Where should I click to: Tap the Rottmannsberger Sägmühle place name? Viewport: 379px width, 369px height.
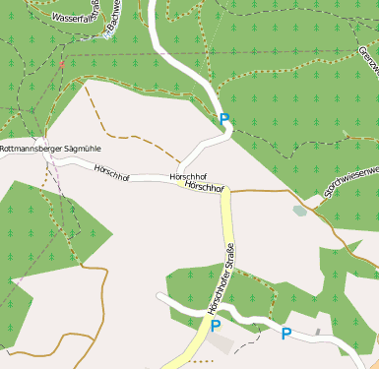(x=50, y=149)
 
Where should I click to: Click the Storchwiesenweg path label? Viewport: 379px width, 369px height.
(x=347, y=183)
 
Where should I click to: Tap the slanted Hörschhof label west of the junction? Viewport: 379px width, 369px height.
(x=112, y=170)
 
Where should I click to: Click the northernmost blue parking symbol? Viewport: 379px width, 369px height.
(x=224, y=120)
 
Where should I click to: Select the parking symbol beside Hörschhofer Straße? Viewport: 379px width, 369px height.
(x=215, y=326)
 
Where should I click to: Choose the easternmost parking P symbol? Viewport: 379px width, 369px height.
(x=286, y=334)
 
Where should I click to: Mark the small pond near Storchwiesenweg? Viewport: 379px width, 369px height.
(x=300, y=210)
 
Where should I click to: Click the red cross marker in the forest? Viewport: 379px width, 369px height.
(x=61, y=64)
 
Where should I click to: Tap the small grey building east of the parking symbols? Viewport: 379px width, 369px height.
(x=317, y=333)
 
